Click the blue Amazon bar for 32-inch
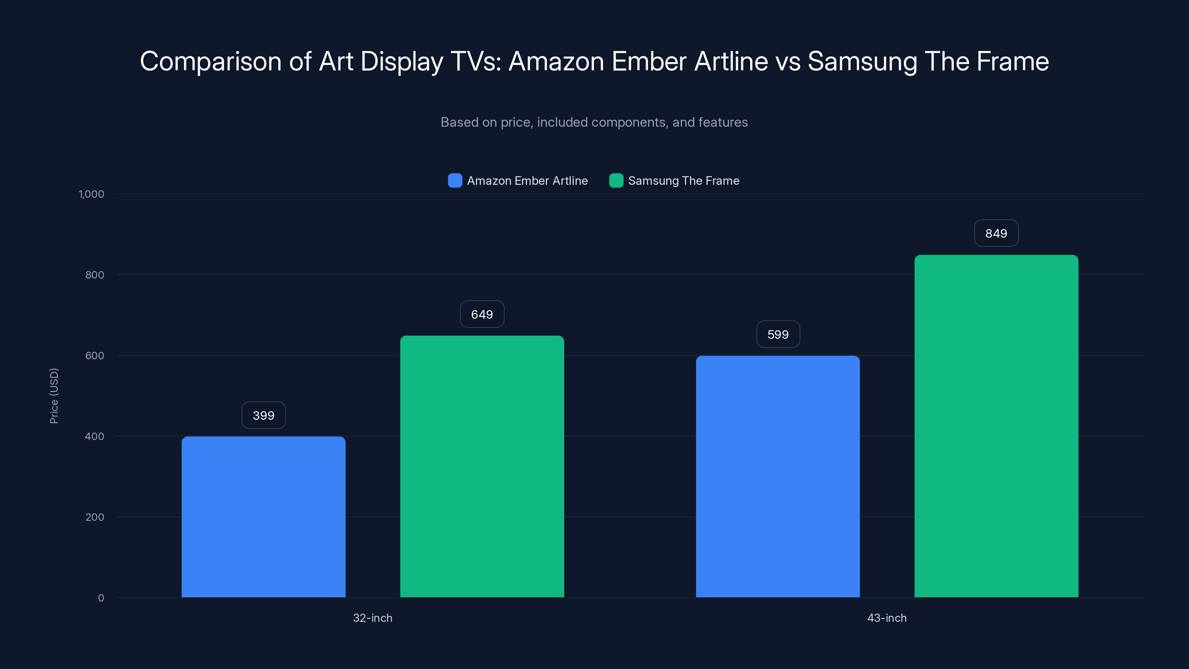(263, 517)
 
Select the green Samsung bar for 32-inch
(482, 466)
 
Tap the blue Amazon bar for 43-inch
(778, 476)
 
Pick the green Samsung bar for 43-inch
(996, 426)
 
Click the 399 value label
(263, 416)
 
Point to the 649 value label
(482, 314)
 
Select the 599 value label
(778, 334)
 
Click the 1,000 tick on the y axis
(91, 194)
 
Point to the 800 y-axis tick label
(95, 275)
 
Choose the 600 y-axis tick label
(95, 356)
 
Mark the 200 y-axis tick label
(95, 517)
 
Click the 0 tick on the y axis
(101, 598)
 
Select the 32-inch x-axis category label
(372, 618)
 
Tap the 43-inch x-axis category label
(887, 618)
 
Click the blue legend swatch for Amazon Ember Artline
(455, 181)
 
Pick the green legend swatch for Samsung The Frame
(616, 181)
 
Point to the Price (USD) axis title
(54, 396)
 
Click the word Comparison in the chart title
(210, 61)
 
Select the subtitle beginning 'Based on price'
(594, 122)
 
